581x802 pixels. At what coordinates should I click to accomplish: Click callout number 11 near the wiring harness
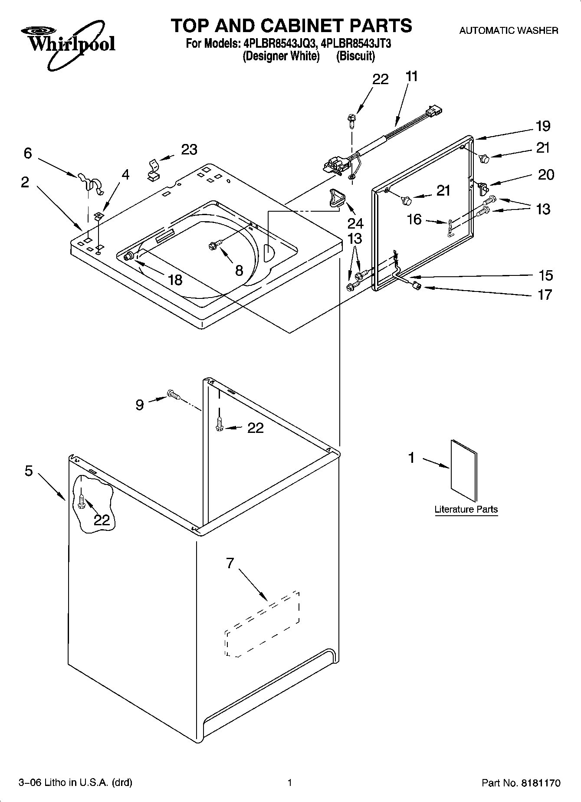point(411,77)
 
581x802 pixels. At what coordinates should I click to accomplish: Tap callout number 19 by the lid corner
point(543,126)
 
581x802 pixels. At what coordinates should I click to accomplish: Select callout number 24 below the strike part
point(355,223)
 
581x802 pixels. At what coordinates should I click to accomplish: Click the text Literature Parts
point(466,509)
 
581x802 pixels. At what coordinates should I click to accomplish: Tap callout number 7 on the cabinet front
point(230,563)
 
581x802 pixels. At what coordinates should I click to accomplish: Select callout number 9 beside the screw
point(139,405)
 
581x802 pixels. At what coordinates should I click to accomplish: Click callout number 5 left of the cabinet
point(29,471)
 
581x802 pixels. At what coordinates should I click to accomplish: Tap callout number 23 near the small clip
point(189,150)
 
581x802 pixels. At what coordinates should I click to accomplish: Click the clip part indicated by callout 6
point(91,182)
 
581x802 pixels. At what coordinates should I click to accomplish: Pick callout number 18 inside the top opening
point(175,280)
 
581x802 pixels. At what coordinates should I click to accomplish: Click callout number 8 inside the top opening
point(239,271)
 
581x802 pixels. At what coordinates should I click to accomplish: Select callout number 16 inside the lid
point(414,219)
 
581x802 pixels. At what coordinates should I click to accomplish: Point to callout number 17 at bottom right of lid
point(545,295)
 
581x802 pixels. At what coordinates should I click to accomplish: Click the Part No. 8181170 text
point(521,783)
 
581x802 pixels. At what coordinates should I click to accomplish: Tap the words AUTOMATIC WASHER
point(509,31)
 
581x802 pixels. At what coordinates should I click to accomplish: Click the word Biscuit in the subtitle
point(355,56)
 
